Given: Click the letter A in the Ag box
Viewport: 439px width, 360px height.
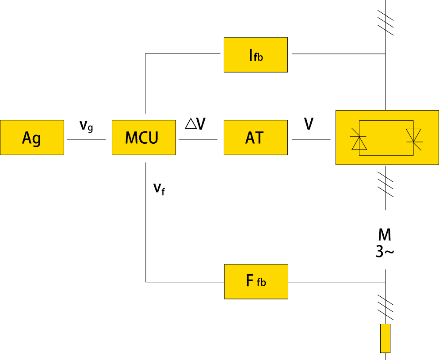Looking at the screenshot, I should [27, 138].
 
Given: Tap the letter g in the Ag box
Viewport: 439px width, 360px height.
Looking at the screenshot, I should [37, 140].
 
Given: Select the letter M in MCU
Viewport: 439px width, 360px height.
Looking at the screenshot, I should [131, 138].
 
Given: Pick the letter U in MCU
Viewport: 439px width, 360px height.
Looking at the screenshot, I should [153, 138].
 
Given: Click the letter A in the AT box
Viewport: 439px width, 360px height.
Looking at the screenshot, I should [250, 138].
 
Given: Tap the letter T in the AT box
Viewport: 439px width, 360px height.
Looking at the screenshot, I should [260, 138].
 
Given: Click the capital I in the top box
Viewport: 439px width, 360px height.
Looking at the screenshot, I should [251, 56].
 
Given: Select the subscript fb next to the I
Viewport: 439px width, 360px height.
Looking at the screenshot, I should [259, 57].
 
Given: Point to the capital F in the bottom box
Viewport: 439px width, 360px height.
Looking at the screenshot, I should [250, 280].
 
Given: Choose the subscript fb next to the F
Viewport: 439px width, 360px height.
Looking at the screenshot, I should [261, 283].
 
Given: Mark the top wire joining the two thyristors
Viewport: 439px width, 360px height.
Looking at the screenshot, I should [386, 120].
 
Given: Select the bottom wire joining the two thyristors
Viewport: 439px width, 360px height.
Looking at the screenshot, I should [386, 155].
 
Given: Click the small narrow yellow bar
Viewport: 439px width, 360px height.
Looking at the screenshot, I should [385, 338].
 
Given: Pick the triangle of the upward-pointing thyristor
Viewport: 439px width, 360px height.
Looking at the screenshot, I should [359, 144].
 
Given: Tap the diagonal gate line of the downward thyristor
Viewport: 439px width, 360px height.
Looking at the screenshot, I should [417, 146].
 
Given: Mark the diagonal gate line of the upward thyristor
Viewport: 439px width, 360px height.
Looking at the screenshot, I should [355, 132].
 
